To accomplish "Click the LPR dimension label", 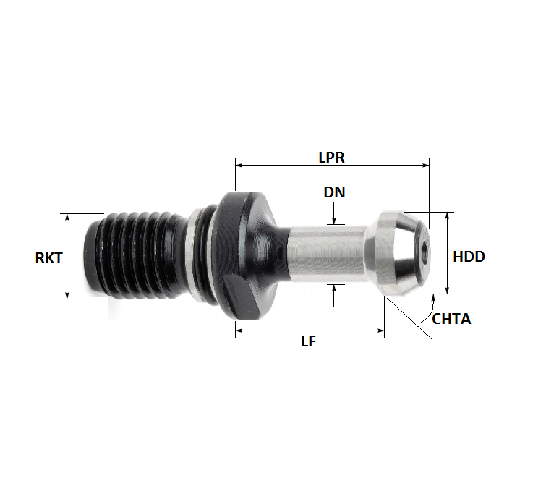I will tap(332, 156).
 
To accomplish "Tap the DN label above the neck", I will tap(334, 192).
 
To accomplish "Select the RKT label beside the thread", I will tap(48, 257).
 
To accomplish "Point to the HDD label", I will tap(469, 257).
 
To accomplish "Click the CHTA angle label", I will tap(451, 318).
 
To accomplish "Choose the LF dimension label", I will tap(309, 342).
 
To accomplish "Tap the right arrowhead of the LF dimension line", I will tap(380, 331).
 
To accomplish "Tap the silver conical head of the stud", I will tap(394, 253).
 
